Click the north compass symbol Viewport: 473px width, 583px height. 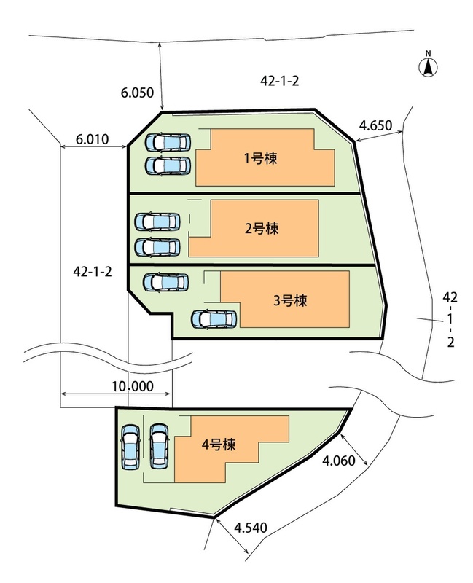pyautogui.click(x=429, y=66)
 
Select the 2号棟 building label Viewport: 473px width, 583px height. pyautogui.click(x=262, y=227)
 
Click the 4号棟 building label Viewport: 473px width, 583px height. pyautogui.click(x=219, y=444)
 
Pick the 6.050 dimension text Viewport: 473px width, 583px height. pyautogui.click(x=137, y=93)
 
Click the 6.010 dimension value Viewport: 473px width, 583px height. pyautogui.click(x=92, y=138)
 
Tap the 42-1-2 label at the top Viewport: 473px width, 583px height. pyautogui.click(x=279, y=82)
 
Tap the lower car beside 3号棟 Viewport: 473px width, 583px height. pyautogui.click(x=213, y=319)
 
